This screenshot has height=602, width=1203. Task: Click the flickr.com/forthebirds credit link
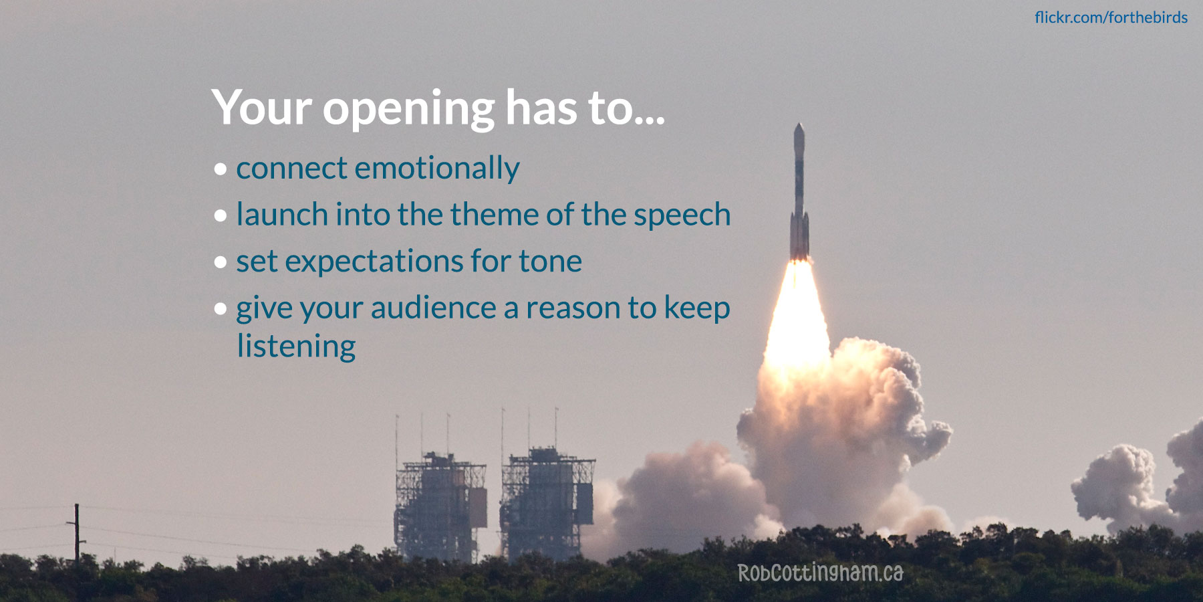click(1111, 17)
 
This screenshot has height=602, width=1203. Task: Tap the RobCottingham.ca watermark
click(820, 573)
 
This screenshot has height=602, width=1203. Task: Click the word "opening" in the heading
click(408, 108)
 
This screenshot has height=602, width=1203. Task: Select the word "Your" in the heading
click(261, 108)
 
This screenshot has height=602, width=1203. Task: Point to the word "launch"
click(282, 215)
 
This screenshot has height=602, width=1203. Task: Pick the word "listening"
click(296, 346)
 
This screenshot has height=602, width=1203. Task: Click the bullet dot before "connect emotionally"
click(221, 170)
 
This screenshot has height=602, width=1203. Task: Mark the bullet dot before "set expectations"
click(221, 263)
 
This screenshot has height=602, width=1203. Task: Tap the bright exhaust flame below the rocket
click(797, 314)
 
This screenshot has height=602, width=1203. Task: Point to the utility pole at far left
click(76, 532)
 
